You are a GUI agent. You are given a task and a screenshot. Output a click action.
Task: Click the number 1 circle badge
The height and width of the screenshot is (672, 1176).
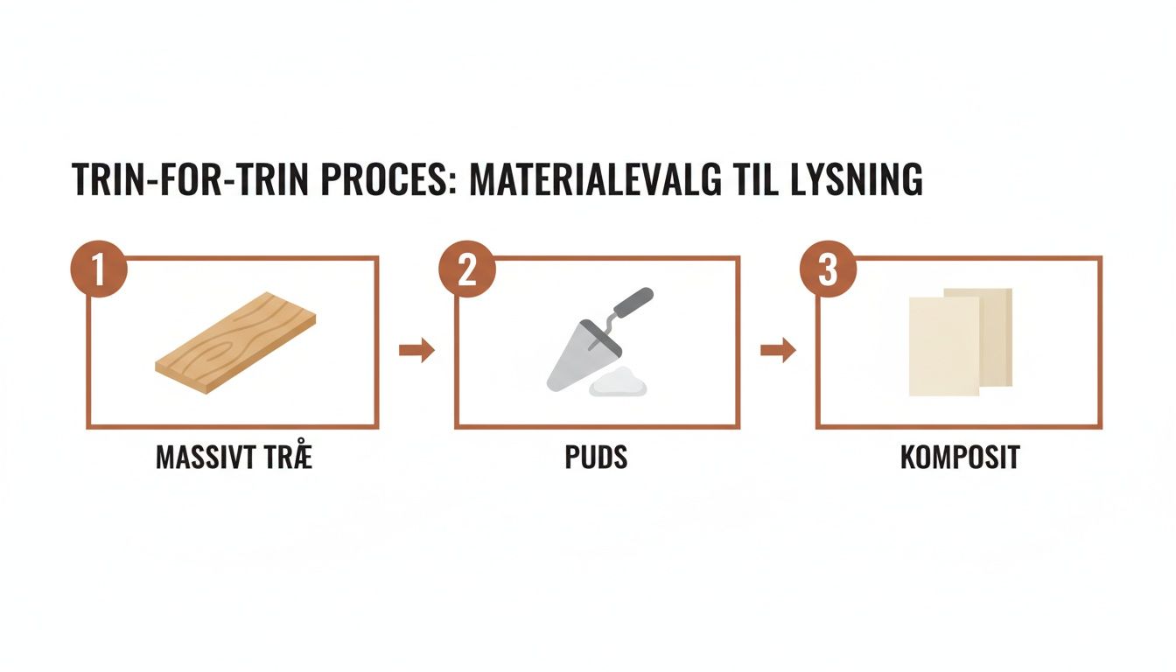click(98, 268)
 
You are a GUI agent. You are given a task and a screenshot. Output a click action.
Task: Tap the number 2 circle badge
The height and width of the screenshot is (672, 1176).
click(467, 268)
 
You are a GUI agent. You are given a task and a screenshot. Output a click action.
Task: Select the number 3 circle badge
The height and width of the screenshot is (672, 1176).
click(828, 268)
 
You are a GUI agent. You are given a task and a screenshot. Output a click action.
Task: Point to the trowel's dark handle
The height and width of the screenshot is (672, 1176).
click(632, 304)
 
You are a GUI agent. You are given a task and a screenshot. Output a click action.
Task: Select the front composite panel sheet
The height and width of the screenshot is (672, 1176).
click(943, 346)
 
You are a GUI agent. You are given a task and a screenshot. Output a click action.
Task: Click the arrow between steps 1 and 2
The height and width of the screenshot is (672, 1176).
click(416, 351)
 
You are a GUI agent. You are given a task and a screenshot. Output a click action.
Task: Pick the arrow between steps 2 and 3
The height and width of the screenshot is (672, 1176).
click(778, 351)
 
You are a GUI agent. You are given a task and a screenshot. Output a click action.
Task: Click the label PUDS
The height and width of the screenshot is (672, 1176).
click(596, 458)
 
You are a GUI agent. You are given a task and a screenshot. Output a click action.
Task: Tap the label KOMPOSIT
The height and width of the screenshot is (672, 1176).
click(960, 458)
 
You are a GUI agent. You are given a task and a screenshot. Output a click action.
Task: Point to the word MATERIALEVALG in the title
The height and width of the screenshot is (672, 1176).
click(596, 180)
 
